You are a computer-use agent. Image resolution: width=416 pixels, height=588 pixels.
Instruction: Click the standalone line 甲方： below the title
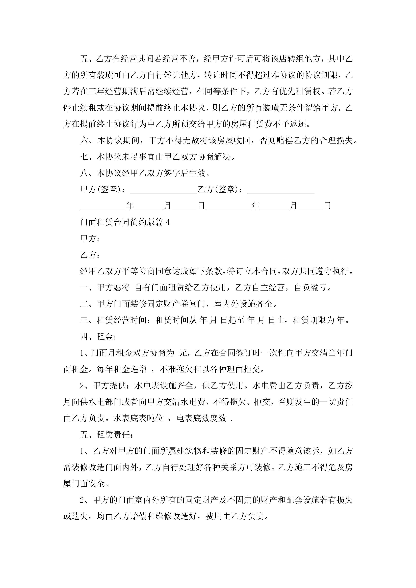[90, 239]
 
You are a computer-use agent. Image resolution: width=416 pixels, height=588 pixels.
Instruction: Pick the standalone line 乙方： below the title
[90, 255]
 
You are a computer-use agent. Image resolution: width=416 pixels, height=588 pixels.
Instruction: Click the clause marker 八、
[88, 173]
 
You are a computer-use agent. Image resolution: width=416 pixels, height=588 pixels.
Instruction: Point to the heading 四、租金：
[98, 337]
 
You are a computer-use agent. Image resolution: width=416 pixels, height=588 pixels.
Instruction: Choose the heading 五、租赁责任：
[107, 435]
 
